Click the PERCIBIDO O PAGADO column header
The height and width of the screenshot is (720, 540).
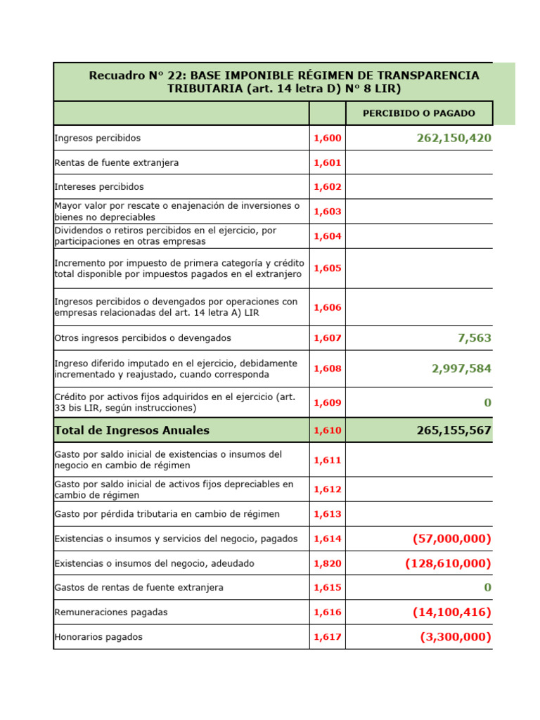pyautogui.click(x=418, y=113)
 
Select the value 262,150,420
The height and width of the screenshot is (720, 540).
pyautogui.click(x=454, y=139)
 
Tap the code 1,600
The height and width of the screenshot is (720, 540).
pyautogui.click(x=327, y=139)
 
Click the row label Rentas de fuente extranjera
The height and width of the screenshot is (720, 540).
pyautogui.click(x=116, y=162)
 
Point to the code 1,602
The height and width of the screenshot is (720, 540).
pyautogui.click(x=327, y=187)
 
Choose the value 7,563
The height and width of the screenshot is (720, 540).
pyautogui.click(x=474, y=338)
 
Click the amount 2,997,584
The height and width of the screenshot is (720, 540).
pyautogui.click(x=461, y=368)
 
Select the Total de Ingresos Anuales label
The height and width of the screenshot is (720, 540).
pyautogui.click(x=131, y=430)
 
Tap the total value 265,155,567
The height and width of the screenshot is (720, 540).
pyautogui.click(x=454, y=430)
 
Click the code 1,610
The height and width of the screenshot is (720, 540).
pyautogui.click(x=327, y=430)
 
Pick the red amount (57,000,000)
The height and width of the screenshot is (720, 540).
pyautogui.click(x=451, y=539)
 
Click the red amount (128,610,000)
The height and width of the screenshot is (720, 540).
pyautogui.click(x=448, y=563)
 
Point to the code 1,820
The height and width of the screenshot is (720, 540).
pyautogui.click(x=327, y=563)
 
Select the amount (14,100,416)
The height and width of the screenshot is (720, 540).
pyautogui.click(x=451, y=612)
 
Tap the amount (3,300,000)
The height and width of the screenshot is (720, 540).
pyautogui.click(x=456, y=637)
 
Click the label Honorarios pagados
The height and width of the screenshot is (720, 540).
pyautogui.click(x=98, y=637)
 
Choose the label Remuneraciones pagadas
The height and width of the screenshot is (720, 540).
pyautogui.click(x=109, y=612)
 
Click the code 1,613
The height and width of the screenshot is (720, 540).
pyautogui.click(x=327, y=514)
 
